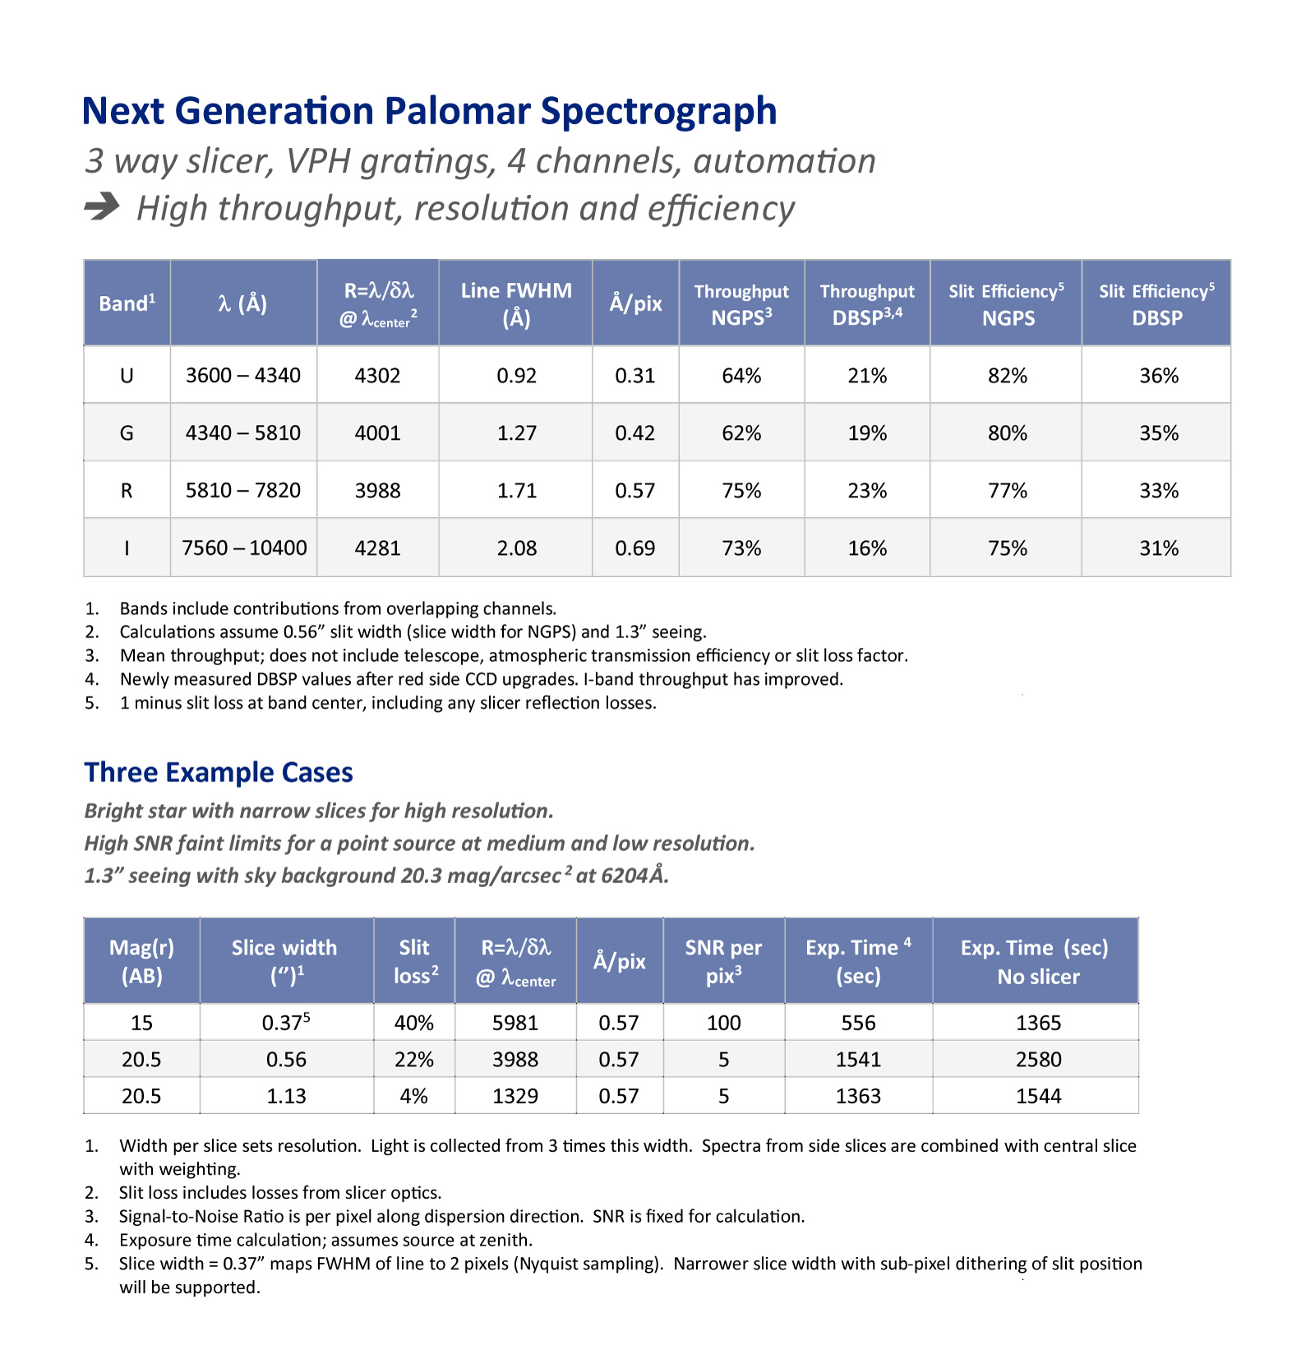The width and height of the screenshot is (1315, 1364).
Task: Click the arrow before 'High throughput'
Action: tap(102, 206)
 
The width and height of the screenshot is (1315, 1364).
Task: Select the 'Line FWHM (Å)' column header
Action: tap(516, 303)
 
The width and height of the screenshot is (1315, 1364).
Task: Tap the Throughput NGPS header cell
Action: tap(741, 303)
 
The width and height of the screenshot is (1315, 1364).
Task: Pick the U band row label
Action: tap(127, 376)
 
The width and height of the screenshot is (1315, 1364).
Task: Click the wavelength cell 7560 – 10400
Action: tap(244, 548)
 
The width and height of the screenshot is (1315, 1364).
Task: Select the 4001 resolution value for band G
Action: tap(377, 432)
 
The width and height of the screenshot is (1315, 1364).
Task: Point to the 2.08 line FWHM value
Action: tap(516, 548)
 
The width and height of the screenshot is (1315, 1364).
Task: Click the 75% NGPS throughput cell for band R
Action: tap(741, 490)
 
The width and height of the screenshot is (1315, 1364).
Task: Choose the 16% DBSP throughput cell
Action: tap(867, 548)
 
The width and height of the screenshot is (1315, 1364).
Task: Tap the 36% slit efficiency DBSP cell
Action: tap(1158, 376)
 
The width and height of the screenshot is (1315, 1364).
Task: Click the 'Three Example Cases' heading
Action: tap(219, 773)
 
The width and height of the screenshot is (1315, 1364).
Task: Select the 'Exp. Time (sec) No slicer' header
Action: tap(1035, 961)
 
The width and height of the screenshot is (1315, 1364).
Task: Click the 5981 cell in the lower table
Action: tap(515, 1023)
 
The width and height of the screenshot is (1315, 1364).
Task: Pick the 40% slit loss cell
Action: tap(413, 1023)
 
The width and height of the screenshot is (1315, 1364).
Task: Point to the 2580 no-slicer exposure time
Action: tap(1038, 1059)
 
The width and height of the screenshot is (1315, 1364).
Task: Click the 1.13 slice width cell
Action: tap(286, 1096)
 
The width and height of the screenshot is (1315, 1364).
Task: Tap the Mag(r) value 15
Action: tap(141, 1023)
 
